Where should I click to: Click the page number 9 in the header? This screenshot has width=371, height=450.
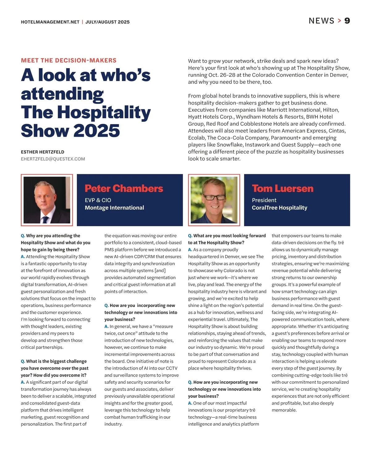pyautogui.click(x=347, y=21)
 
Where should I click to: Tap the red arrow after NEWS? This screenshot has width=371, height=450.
pyautogui.click(x=339, y=21)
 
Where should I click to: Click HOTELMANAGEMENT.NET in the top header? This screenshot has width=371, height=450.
pyautogui.click(x=50, y=22)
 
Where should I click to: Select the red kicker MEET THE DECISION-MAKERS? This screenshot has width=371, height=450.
pyautogui.click(x=69, y=60)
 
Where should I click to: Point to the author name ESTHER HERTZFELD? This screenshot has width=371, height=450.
pyautogui.click(x=43, y=152)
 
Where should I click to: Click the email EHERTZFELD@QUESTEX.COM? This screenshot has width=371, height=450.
pyautogui.click(x=53, y=159)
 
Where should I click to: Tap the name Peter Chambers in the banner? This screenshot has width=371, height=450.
pyautogui.click(x=124, y=188)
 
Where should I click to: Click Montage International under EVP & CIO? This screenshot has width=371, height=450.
pyautogui.click(x=114, y=208)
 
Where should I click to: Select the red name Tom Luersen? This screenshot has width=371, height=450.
pyautogui.click(x=283, y=188)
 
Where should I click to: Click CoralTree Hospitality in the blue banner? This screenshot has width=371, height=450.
pyautogui.click(x=279, y=208)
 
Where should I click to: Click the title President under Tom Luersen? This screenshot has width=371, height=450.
pyautogui.click(x=264, y=200)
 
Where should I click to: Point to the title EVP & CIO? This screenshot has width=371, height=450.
pyautogui.click(x=98, y=200)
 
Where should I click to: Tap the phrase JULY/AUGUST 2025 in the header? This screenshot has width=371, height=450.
pyautogui.click(x=108, y=22)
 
